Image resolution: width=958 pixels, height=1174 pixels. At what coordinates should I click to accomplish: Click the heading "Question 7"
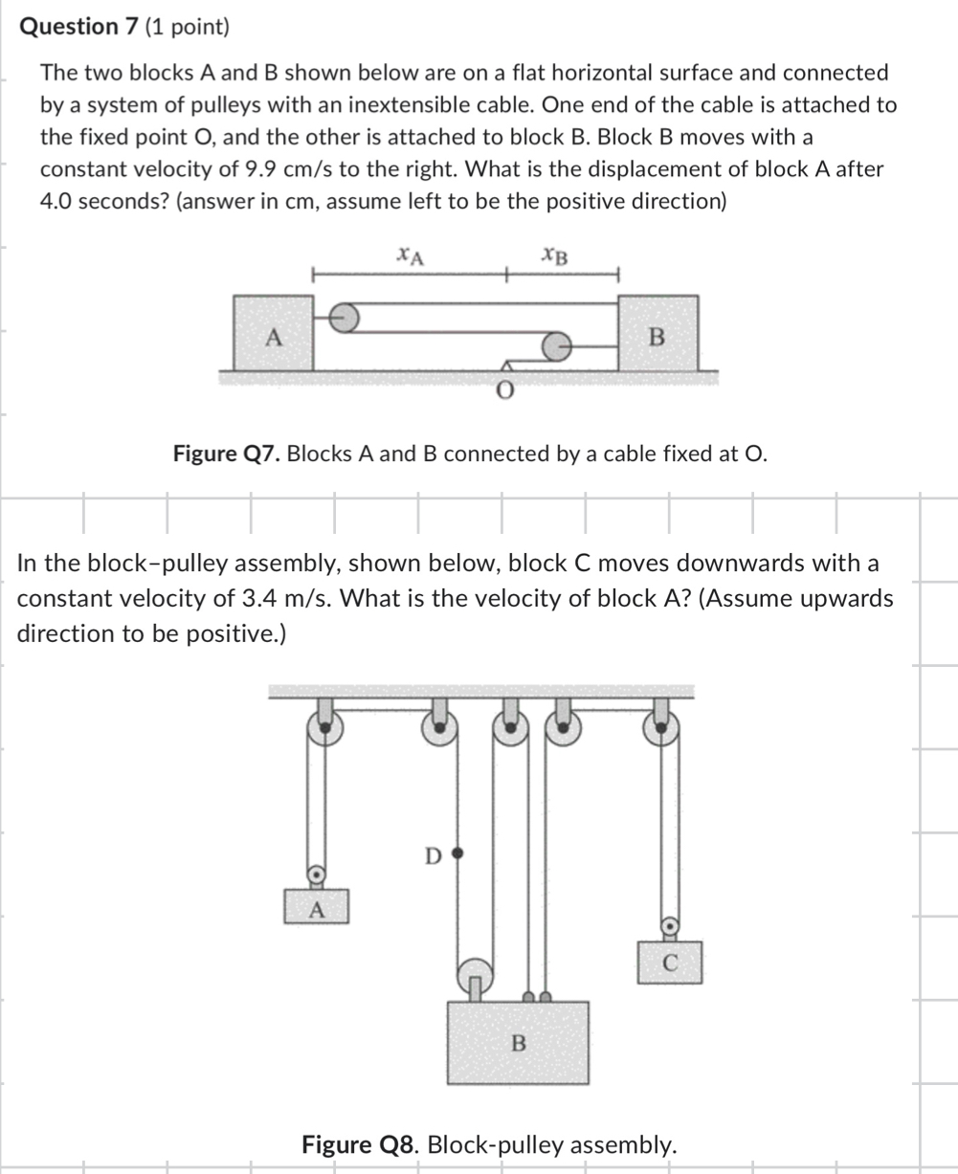tap(80, 26)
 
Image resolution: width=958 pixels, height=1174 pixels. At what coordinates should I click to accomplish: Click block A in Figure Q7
tap(273, 334)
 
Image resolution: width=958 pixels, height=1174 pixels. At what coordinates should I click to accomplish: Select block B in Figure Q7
tap(657, 334)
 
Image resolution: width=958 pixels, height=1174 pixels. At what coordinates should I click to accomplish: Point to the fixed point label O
tap(504, 389)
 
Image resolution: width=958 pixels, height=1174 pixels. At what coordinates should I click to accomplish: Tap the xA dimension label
tap(411, 255)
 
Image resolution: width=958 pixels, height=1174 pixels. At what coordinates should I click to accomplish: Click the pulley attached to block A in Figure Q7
tap(345, 317)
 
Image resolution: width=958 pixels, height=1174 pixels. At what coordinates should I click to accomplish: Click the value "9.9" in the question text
tap(263, 169)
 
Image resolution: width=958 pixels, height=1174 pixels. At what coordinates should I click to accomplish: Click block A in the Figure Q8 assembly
tap(315, 906)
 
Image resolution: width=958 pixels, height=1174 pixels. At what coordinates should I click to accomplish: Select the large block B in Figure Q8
tap(518, 1042)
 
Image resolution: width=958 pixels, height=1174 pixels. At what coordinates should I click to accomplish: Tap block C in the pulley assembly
tap(670, 962)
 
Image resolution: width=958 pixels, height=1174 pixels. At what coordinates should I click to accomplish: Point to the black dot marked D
tap(457, 851)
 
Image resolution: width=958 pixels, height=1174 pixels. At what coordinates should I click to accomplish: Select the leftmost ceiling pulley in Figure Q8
tap(324, 729)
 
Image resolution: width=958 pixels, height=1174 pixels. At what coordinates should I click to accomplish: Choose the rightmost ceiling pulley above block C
tap(661, 729)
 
